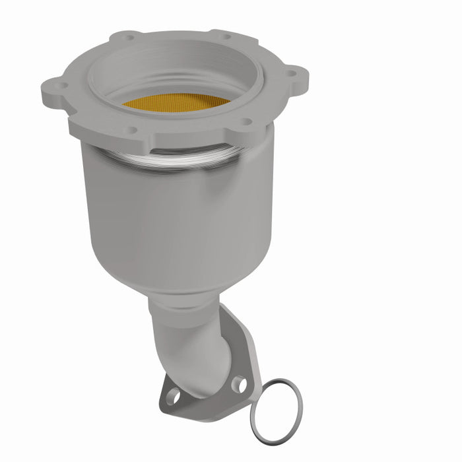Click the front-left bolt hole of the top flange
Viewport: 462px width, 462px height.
coord(131,129)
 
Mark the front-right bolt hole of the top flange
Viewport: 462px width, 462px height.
coord(246,121)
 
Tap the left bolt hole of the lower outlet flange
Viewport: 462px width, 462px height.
coord(173,396)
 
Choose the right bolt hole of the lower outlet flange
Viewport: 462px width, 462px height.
coord(239,383)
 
